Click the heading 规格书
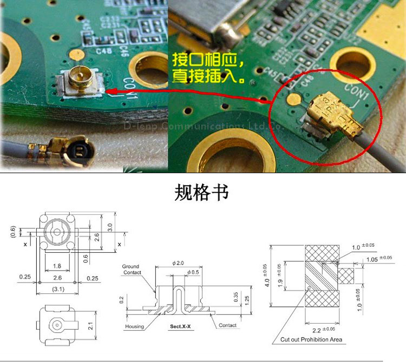[202, 193]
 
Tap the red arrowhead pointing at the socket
[111, 91]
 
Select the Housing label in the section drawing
[134, 326]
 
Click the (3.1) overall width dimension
[57, 289]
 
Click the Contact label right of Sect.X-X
[227, 325]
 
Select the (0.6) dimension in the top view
[13, 232]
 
